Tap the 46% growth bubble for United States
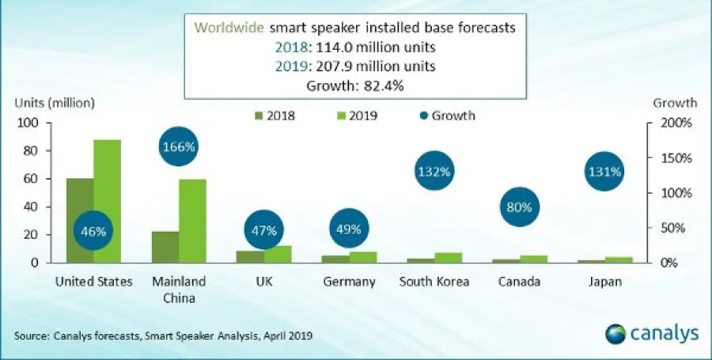click(x=94, y=231)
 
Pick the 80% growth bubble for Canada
click(x=521, y=207)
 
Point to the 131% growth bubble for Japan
click(x=607, y=171)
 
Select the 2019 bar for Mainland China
click(x=193, y=221)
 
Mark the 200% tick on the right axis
click(x=679, y=123)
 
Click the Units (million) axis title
click(x=54, y=102)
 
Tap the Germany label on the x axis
click(x=349, y=282)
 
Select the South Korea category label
click(x=434, y=282)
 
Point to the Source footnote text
click(x=163, y=336)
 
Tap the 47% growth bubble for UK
click(x=264, y=231)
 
